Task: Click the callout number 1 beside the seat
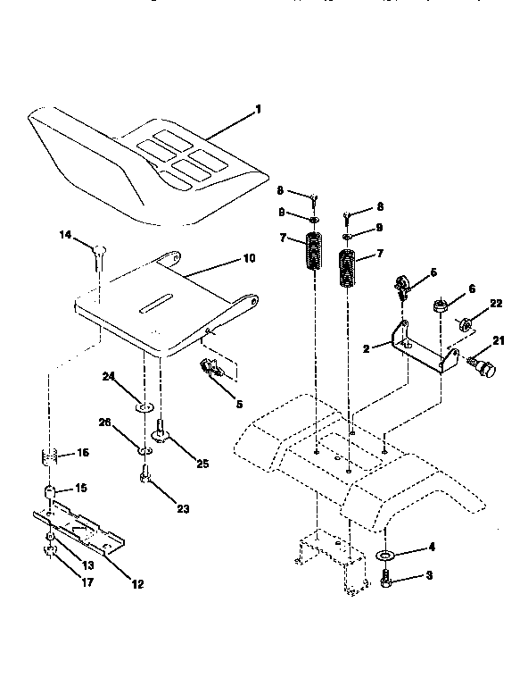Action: [x=258, y=109]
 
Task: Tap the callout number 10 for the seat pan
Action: [x=249, y=258]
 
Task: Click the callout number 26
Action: [x=129, y=422]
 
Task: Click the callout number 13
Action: [x=87, y=565]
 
